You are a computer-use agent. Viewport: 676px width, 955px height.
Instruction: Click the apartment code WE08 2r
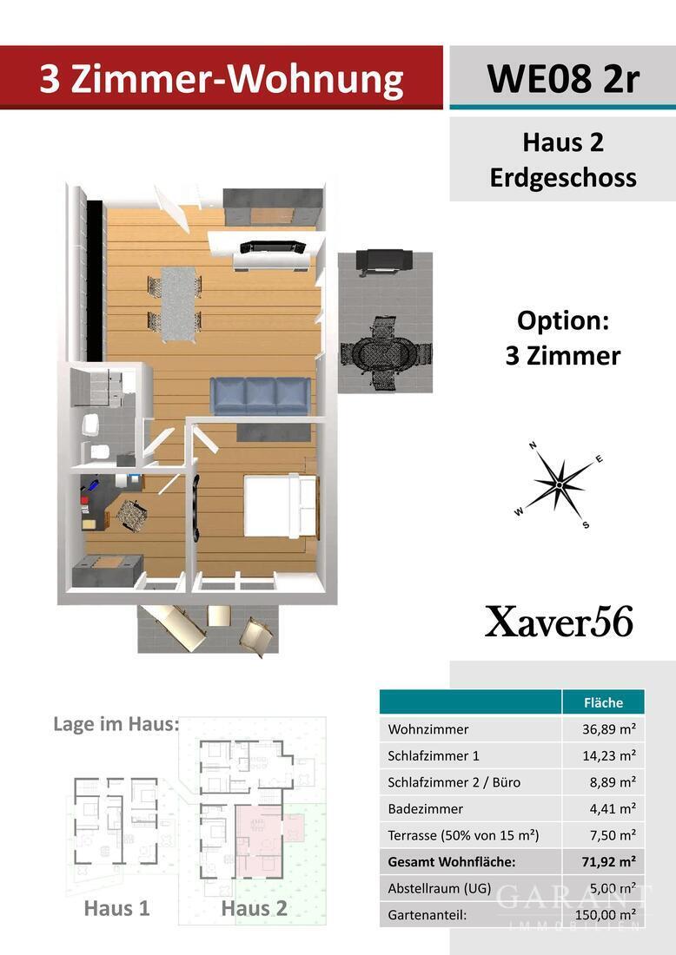tap(562, 78)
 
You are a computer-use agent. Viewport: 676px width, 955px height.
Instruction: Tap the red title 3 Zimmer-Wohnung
tap(221, 80)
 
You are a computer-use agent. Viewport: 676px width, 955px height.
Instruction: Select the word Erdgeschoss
tap(562, 178)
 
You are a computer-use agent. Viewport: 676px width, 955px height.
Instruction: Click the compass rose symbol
tap(560, 484)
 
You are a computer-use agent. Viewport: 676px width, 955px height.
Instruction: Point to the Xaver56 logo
tap(559, 622)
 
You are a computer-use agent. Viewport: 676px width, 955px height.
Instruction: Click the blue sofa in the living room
tap(260, 396)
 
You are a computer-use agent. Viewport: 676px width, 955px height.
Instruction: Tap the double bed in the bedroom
tap(279, 504)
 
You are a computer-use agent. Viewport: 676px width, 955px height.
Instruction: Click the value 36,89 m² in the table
tap(609, 730)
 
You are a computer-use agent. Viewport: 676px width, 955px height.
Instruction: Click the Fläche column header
tap(603, 702)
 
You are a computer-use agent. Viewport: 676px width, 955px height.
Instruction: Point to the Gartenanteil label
tap(427, 914)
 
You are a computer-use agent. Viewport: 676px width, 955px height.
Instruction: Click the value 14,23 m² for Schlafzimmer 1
tap(609, 756)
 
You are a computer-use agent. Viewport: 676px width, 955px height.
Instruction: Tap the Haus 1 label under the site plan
tap(116, 909)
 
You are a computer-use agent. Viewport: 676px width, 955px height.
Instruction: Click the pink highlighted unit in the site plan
tap(259, 839)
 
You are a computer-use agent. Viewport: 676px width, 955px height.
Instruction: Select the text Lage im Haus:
tap(115, 724)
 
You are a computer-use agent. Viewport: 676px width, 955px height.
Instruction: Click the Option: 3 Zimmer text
tap(562, 338)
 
